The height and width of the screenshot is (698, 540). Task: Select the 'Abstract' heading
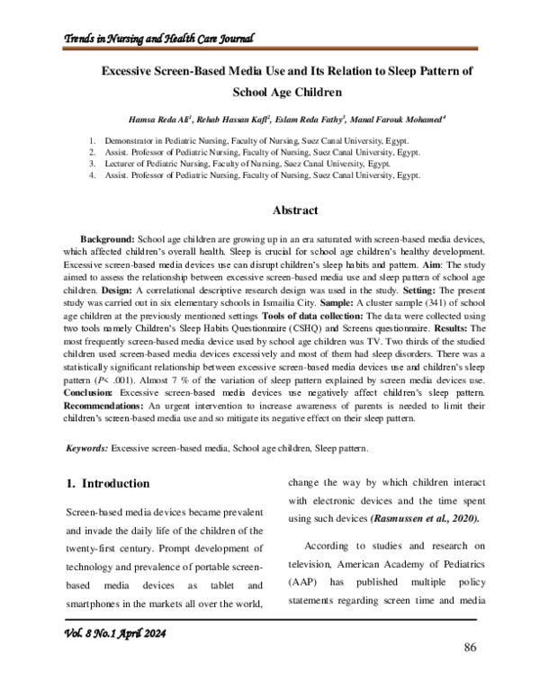294,210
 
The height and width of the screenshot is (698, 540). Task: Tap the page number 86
469,649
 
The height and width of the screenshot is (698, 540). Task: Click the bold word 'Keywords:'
88,447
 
